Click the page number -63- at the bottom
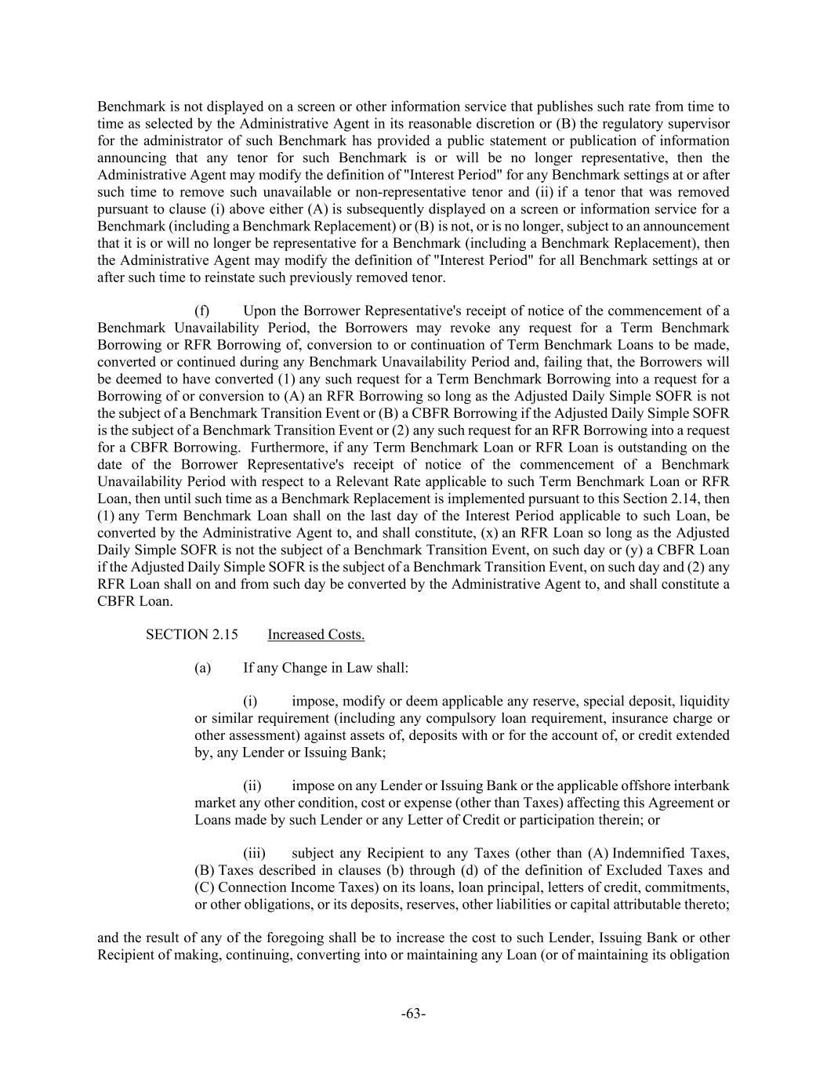[x=413, y=1014]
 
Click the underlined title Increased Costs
[x=316, y=634]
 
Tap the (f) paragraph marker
[x=201, y=311]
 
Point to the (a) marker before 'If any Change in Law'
[x=202, y=668]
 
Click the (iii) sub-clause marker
[x=253, y=853]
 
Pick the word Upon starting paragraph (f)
[x=258, y=311]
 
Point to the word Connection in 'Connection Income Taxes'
[x=252, y=887]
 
